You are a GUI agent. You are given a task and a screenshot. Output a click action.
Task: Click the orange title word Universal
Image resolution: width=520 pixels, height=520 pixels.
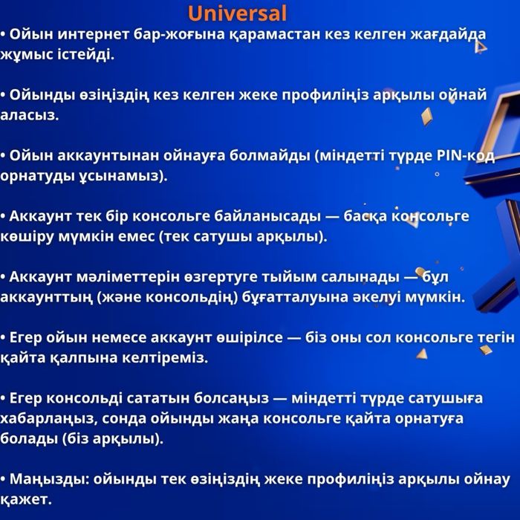coord(237,13)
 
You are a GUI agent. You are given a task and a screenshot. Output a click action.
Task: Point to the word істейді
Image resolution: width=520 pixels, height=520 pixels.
coord(88,54)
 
